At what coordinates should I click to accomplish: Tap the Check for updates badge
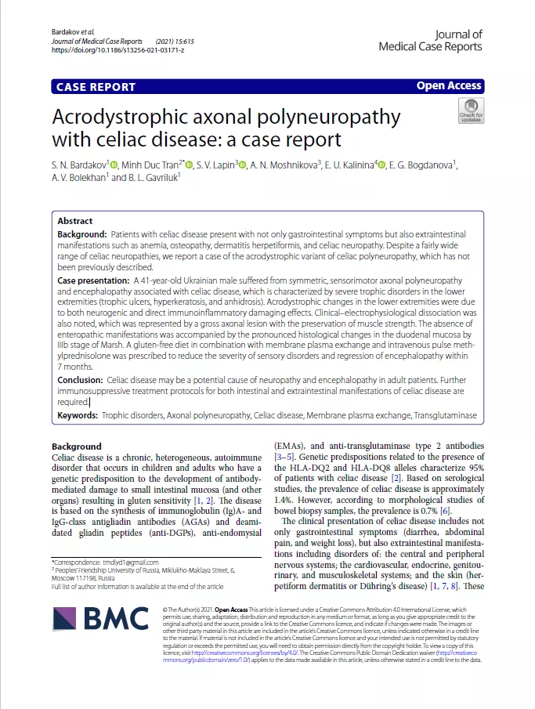pyautogui.click(x=471, y=111)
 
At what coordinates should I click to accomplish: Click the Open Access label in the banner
pyautogui.click(x=449, y=86)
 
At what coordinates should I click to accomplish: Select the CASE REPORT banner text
pyautogui.click(x=96, y=87)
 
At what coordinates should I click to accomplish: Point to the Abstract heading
pyautogui.click(x=75, y=221)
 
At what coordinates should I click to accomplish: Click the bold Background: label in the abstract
pyautogui.click(x=82, y=234)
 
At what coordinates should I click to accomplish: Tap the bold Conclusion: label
pyautogui.click(x=82, y=380)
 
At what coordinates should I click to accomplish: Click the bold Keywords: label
pyautogui.click(x=78, y=415)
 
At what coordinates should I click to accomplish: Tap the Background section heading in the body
pyautogui.click(x=77, y=447)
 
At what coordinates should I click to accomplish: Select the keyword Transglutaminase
pyautogui.click(x=440, y=415)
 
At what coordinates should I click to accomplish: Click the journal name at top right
pyautogui.click(x=430, y=40)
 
